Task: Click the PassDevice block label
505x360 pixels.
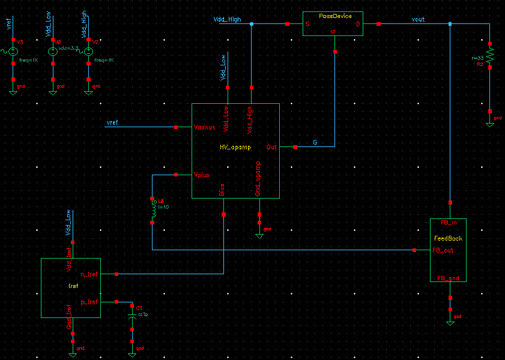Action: (335, 16)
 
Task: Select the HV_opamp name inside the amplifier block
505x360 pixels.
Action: (235, 146)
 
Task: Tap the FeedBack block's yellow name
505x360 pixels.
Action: (447, 238)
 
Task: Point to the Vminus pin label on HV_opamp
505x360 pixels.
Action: (205, 127)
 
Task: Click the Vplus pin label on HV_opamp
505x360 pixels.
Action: (201, 175)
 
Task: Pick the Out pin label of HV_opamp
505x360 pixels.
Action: (271, 147)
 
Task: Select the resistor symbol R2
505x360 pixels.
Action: (491, 56)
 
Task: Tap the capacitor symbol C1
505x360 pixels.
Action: (133, 316)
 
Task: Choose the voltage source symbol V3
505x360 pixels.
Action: (13, 52)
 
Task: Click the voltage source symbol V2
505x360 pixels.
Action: (88, 52)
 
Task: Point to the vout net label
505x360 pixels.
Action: (418, 20)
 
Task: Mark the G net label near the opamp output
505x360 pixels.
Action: (315, 142)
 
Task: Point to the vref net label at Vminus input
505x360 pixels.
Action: (112, 123)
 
